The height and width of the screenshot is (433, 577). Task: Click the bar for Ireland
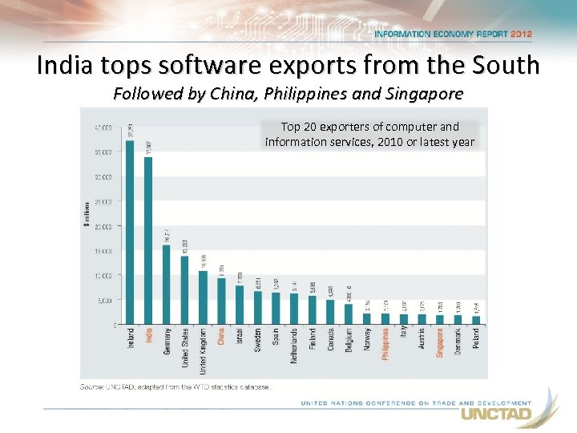click(130, 233)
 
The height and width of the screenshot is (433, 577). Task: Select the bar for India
click(148, 241)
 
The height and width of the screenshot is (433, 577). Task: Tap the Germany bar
click(167, 285)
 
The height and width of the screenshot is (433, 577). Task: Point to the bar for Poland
click(476, 320)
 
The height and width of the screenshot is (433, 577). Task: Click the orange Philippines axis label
click(385, 343)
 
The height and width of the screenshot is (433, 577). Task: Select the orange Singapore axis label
click(440, 342)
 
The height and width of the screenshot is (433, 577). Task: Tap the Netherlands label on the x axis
click(294, 346)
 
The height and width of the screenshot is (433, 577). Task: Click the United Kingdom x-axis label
click(204, 351)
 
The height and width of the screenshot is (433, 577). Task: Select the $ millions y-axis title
click(87, 213)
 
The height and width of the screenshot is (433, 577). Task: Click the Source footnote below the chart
click(176, 386)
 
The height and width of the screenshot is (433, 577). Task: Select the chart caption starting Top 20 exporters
click(369, 135)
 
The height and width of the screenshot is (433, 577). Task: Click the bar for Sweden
click(257, 308)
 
